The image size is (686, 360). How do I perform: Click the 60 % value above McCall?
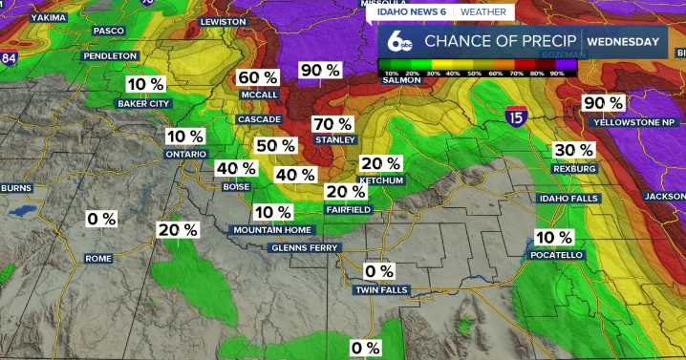pyautogui.click(x=258, y=77)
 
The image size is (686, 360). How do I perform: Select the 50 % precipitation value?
pyautogui.click(x=275, y=145)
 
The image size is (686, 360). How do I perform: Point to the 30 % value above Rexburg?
pyautogui.click(x=574, y=150)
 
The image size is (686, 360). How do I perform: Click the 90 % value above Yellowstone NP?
pyautogui.click(x=603, y=103)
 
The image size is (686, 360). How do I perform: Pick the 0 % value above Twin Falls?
pyautogui.click(x=378, y=271)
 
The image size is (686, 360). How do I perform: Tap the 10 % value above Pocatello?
pyautogui.click(x=554, y=237)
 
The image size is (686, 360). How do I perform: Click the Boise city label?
pyautogui.click(x=236, y=187)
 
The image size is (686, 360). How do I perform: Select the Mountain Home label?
pyautogui.click(x=272, y=230)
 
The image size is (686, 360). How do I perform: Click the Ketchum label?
pyautogui.click(x=381, y=180)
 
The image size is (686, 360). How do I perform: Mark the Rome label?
pyautogui.click(x=98, y=259)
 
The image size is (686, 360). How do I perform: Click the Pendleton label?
pyautogui.click(x=111, y=56)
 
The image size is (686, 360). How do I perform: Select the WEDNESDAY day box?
pyautogui.click(x=623, y=41)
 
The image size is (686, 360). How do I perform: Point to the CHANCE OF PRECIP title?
pyautogui.click(x=501, y=41)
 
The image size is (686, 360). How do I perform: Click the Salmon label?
pyautogui.click(x=402, y=80)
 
